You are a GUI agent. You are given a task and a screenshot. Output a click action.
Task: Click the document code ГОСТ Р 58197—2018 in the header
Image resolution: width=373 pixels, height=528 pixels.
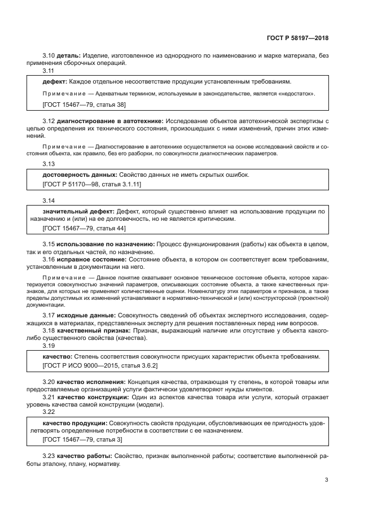[297, 38]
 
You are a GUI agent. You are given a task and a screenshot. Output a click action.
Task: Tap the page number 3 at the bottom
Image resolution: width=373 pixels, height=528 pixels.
[326, 480]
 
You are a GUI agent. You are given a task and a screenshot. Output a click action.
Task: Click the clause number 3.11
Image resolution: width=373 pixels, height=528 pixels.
[49, 71]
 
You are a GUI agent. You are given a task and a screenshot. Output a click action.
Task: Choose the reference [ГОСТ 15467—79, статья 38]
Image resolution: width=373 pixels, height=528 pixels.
[84, 104]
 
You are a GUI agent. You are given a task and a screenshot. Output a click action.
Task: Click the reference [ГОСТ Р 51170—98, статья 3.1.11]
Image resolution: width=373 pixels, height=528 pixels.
[91, 185]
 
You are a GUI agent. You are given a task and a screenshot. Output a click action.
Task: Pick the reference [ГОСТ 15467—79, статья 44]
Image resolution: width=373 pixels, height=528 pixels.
[84, 229]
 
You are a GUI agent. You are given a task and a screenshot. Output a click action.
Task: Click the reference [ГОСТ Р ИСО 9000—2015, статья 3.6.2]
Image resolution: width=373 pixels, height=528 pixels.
[100, 366]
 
